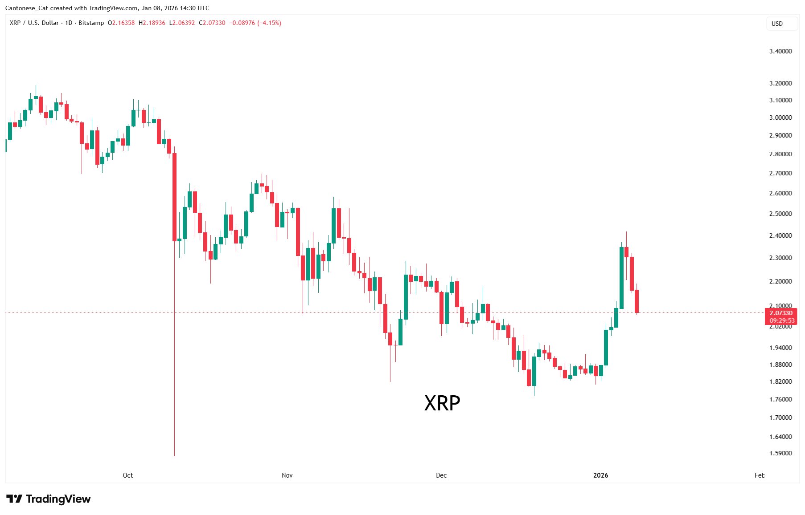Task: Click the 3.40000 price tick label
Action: click(780, 51)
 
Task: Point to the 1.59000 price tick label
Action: click(780, 453)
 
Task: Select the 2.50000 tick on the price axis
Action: click(780, 214)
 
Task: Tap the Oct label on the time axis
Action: click(127, 475)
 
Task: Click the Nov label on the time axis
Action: click(287, 475)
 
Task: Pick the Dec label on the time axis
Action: click(441, 475)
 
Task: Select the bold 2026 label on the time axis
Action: click(600, 475)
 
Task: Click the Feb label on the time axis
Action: click(759, 475)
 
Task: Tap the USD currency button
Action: click(777, 24)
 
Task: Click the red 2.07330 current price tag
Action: click(781, 313)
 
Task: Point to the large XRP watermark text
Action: click(442, 403)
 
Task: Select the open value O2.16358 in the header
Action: click(121, 23)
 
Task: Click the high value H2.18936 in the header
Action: click(152, 23)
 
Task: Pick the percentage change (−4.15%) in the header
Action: click(269, 23)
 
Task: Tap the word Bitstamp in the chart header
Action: click(91, 23)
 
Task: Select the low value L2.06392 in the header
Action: click(182, 23)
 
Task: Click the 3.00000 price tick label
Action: click(780, 118)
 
